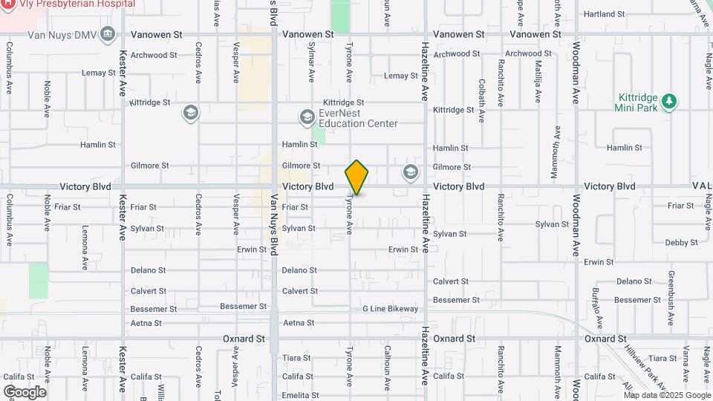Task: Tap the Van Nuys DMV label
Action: click(62, 34)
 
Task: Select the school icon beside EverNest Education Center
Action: click(307, 117)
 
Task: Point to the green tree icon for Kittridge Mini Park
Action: click(669, 101)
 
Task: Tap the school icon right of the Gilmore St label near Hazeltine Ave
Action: click(410, 173)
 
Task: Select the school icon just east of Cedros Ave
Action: click(190, 113)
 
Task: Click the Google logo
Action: click(25, 392)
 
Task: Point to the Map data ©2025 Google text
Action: click(667, 395)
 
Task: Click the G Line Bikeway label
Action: click(391, 309)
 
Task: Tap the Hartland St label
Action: click(604, 14)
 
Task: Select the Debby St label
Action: click(677, 243)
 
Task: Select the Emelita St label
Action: click(300, 395)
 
